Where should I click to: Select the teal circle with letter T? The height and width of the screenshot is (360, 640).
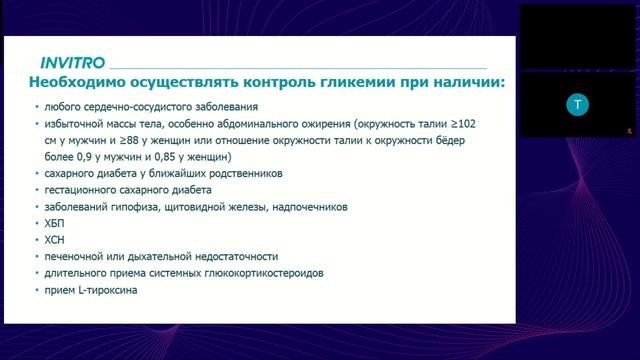[573, 103]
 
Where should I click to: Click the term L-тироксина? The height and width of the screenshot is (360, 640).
[105, 290]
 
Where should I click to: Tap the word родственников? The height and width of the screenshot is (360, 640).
[238, 173]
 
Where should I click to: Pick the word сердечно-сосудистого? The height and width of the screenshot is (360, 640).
[135, 106]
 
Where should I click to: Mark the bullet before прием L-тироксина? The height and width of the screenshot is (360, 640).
[36, 290]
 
